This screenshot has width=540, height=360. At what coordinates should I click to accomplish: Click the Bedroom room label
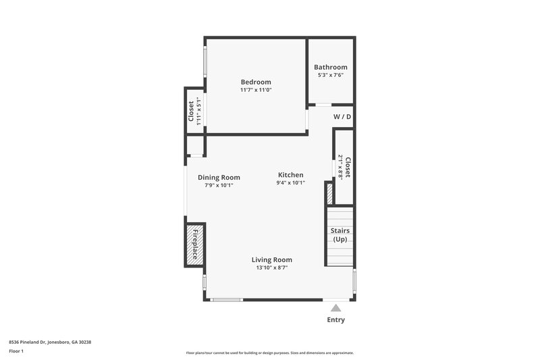(256, 82)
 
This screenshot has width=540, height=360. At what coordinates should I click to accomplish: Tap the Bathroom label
(331, 67)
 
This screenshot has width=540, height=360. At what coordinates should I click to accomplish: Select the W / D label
(342, 117)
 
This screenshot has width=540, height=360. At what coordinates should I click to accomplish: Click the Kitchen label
(290, 174)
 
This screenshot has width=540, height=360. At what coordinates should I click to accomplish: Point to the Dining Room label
(219, 178)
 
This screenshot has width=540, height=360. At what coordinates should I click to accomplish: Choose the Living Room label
(272, 259)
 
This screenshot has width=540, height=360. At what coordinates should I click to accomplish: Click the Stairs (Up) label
(340, 235)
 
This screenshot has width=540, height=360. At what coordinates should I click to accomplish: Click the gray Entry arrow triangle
(335, 308)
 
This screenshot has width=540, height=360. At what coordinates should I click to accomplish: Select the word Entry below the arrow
(335, 319)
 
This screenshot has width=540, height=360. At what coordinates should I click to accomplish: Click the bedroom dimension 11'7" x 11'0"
(256, 90)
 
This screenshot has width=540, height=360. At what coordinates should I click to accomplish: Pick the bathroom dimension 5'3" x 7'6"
(331, 75)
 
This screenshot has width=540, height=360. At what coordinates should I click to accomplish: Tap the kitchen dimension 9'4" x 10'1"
(290, 182)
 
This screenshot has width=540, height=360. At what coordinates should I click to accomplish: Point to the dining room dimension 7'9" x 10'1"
(219, 185)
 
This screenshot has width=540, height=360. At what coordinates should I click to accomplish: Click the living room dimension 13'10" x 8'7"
(272, 267)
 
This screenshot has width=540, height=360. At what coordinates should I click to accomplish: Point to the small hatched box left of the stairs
(329, 194)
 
